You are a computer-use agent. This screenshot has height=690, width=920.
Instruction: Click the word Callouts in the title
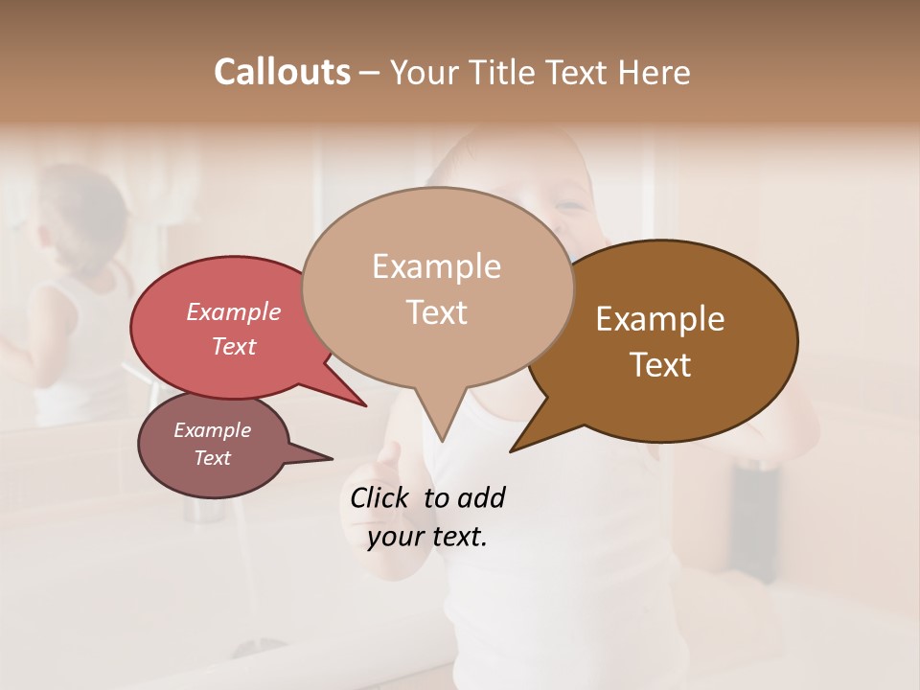point(282,72)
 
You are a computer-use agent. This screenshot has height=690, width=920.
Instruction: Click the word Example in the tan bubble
point(436,266)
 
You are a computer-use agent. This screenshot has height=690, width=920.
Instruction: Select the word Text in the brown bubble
point(661,365)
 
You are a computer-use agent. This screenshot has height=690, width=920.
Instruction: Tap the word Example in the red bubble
point(233,311)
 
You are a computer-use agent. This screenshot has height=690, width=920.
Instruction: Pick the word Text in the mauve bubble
point(212,458)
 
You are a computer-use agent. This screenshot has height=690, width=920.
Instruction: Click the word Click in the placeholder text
point(379,497)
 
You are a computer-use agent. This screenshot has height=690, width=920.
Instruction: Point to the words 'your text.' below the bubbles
point(427,537)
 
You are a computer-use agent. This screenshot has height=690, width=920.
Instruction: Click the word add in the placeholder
point(481,497)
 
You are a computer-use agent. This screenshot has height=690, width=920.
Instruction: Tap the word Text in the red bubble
point(233,346)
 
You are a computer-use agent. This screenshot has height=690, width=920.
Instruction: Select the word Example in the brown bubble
point(660,319)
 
